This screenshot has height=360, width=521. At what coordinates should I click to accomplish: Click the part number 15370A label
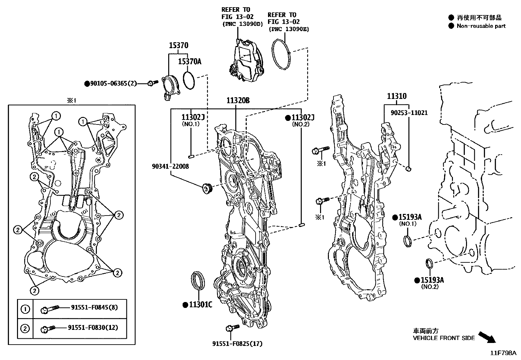click(x=189, y=61)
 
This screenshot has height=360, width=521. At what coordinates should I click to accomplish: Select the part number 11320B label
click(x=238, y=100)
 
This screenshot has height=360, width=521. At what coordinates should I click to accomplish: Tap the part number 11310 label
click(x=397, y=96)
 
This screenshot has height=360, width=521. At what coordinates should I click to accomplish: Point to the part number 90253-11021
click(x=409, y=113)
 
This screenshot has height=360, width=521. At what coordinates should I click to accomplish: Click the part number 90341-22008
click(x=170, y=166)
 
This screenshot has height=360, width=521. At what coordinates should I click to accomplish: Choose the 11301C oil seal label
click(x=200, y=305)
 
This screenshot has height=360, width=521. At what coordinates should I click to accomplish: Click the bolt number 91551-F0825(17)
click(x=237, y=344)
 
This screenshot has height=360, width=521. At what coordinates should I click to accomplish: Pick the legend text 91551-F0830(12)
click(x=93, y=328)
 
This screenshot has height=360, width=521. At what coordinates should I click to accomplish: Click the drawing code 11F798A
click(x=503, y=353)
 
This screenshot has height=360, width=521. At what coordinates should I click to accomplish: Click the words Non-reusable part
click(x=481, y=26)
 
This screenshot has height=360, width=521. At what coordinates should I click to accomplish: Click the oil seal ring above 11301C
click(x=198, y=280)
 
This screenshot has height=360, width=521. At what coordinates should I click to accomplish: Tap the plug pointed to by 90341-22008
click(x=207, y=188)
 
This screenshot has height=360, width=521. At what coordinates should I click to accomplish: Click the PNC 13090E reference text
click(x=289, y=29)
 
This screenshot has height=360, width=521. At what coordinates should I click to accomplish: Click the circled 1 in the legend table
click(x=25, y=309)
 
